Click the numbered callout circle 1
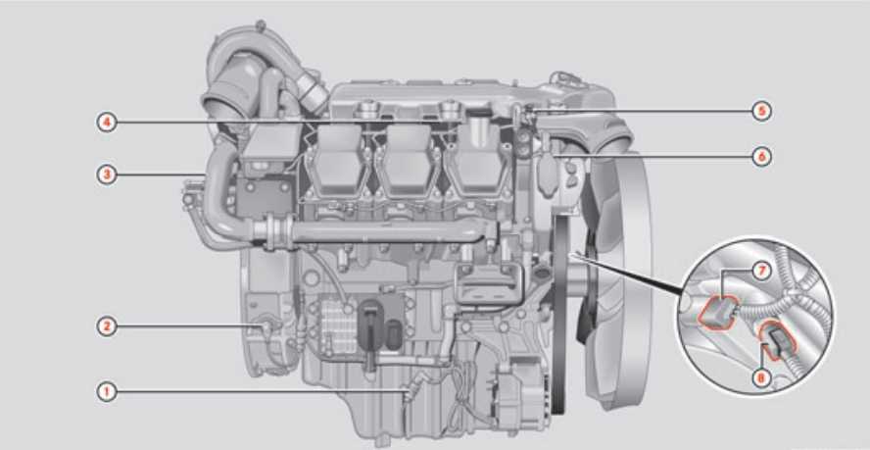[x=107, y=392]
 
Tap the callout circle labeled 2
[x=107, y=326]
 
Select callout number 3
[x=107, y=175]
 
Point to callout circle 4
[x=107, y=123]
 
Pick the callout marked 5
[x=762, y=112]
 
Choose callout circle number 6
[x=762, y=157]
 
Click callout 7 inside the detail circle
[x=762, y=272]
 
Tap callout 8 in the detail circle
[x=762, y=378]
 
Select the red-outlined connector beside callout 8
[x=779, y=340]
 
